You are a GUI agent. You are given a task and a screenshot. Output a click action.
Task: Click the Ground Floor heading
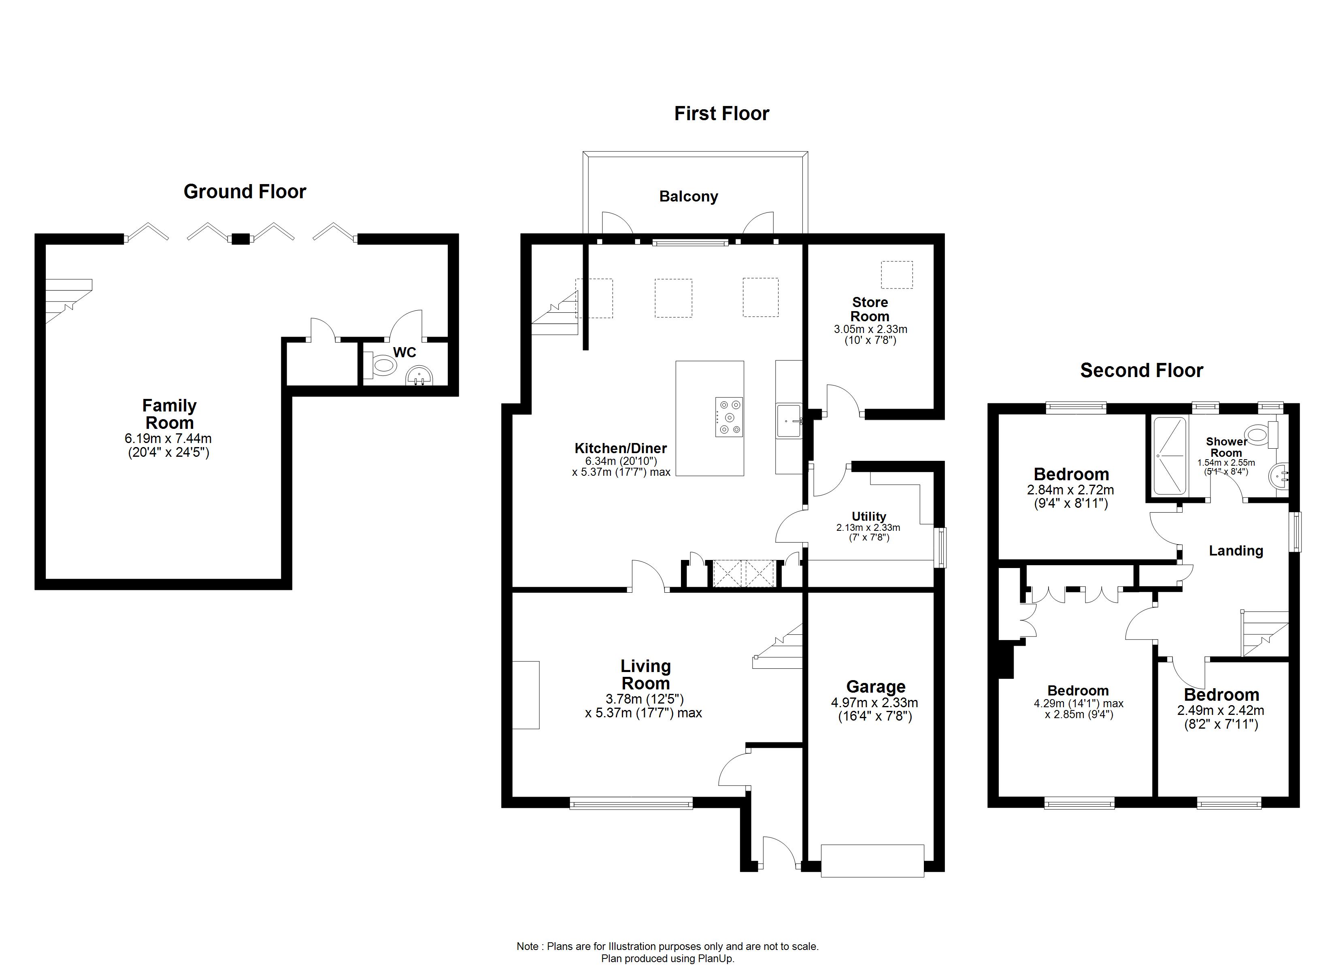(x=245, y=191)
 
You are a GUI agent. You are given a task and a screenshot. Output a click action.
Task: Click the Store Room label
(x=870, y=309)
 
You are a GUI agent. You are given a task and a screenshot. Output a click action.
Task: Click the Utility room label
(x=868, y=516)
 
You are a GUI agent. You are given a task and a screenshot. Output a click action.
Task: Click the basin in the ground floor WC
(x=420, y=375)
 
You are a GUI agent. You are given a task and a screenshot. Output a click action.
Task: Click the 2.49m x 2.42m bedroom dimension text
(x=1221, y=711)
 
